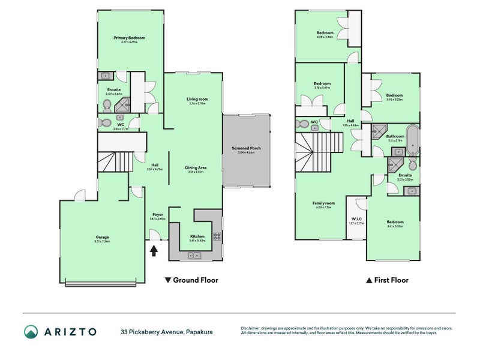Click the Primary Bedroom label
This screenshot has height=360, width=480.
click(130, 38)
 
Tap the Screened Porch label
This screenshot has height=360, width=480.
click(247, 148)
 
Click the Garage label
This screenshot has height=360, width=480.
click(102, 236)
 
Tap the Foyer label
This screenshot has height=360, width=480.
click(157, 214)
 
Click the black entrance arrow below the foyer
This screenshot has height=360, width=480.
click(154, 250)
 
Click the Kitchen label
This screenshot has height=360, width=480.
click(197, 236)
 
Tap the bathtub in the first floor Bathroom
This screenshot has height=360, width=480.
click(412, 140)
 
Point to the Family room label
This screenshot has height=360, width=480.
click(322, 203)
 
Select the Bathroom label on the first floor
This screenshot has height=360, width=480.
click(395, 136)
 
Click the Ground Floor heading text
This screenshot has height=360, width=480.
click(195, 280)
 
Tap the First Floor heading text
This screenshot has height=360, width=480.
click(391, 280)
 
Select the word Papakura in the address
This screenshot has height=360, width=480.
click(199, 331)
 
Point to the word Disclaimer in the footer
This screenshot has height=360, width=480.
click(251, 328)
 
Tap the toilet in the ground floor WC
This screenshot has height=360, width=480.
click(106, 123)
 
